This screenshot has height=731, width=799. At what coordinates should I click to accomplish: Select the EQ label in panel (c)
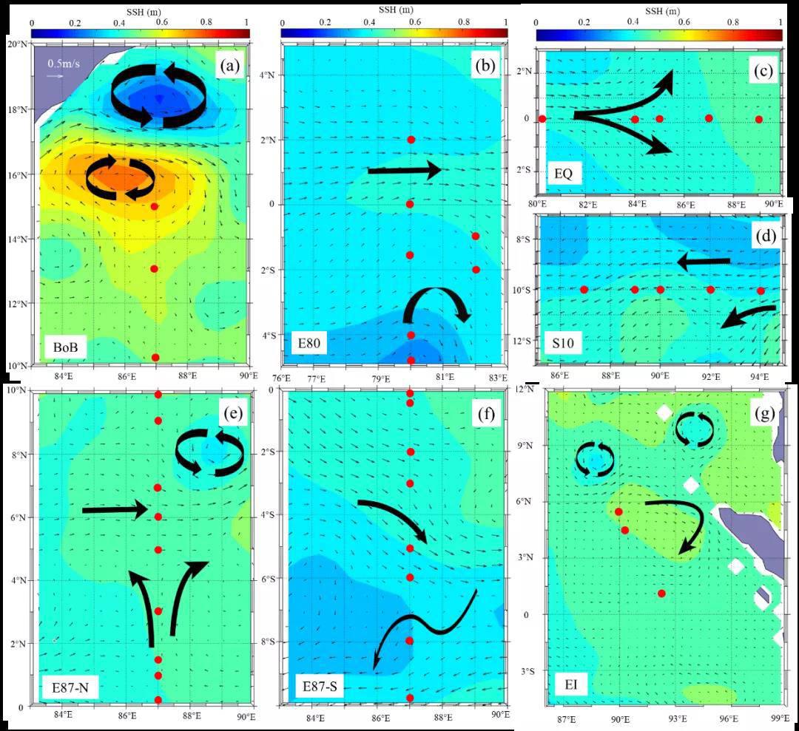[562, 175]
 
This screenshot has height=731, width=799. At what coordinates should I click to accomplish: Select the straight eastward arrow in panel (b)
[404, 171]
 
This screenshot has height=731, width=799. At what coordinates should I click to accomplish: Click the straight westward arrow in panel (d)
[704, 262]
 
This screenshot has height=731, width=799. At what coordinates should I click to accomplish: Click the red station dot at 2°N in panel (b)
[411, 140]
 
